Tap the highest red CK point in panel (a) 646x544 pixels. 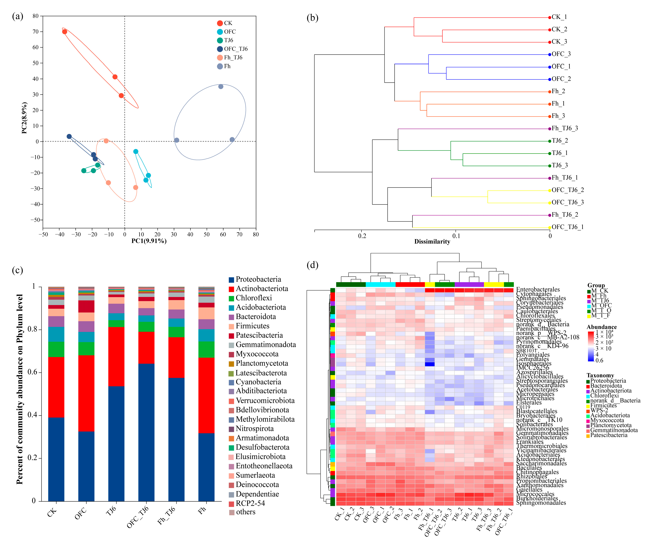65,32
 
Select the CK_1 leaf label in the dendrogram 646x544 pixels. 559,17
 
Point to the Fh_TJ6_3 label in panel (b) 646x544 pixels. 565,128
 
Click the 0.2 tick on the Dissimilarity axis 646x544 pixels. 362,236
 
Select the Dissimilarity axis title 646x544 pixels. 432,241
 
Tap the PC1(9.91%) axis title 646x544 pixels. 149,241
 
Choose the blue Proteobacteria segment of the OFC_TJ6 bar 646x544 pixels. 146,432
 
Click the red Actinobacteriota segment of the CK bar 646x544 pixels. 56,387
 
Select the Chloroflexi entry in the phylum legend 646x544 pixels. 254,298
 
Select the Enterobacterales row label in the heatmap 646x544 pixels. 538,289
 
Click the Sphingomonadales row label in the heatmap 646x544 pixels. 541,503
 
